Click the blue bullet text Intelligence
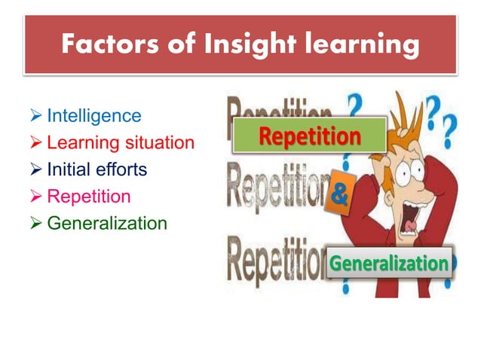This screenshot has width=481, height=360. click(x=93, y=115)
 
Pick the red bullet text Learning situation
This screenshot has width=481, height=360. click(x=120, y=142)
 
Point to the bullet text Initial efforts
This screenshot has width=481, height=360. click(x=97, y=169)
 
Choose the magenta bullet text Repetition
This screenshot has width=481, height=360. click(x=88, y=197)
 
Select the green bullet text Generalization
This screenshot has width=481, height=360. click(x=106, y=224)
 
